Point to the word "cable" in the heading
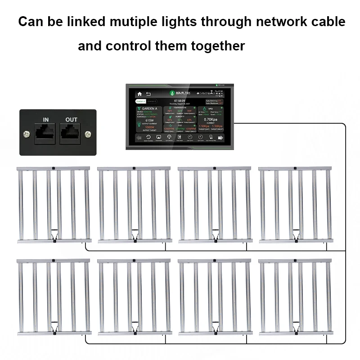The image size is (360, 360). point(327,22)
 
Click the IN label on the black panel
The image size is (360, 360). point(46,119)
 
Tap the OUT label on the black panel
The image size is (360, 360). point(71,119)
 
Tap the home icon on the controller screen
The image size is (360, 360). point(139,94)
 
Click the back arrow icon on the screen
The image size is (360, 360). point(148,94)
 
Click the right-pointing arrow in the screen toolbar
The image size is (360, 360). point(221,137)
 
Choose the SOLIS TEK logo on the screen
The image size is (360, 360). point(180,92)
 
